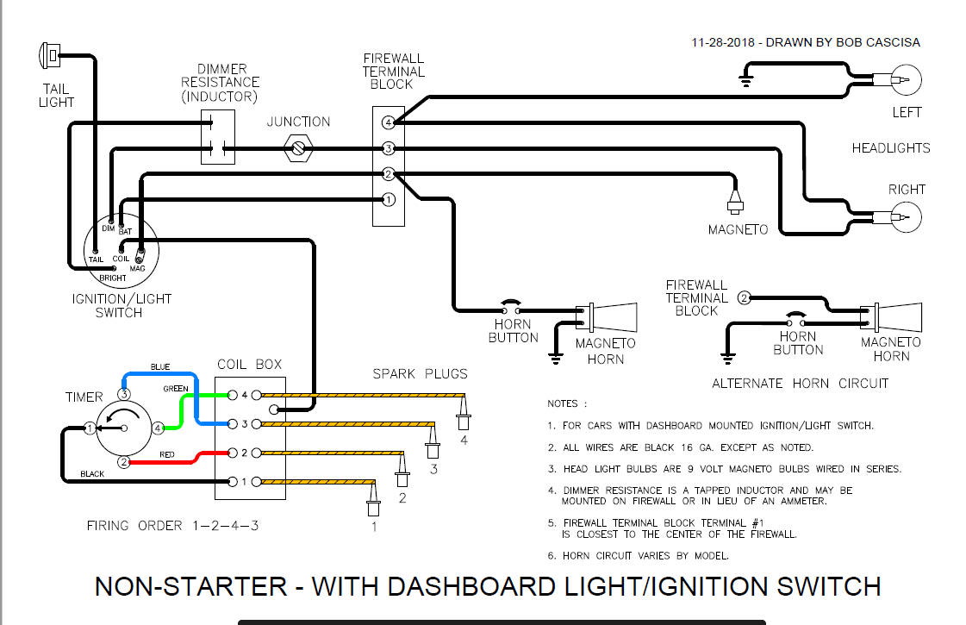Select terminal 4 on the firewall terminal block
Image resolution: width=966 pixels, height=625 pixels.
pyautogui.click(x=389, y=122)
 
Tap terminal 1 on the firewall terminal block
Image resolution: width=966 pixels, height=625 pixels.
pyautogui.click(x=389, y=200)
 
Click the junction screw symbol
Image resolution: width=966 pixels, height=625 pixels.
pyautogui.click(x=298, y=149)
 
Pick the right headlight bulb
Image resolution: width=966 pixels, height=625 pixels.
pyautogui.click(x=901, y=218)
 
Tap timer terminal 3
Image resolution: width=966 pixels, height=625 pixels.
pyautogui.click(x=124, y=395)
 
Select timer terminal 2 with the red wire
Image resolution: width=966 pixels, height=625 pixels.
pyautogui.click(x=124, y=462)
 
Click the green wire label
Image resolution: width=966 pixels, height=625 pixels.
pyautogui.click(x=175, y=389)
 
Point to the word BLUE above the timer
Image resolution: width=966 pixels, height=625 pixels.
pyautogui.click(x=160, y=366)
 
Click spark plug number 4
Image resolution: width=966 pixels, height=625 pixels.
pyautogui.click(x=464, y=414)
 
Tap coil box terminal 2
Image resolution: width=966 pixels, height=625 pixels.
pyautogui.click(x=233, y=453)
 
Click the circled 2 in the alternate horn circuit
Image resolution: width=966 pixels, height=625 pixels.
pyautogui.click(x=744, y=298)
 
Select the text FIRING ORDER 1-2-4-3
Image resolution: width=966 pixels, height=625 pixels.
pyautogui.click(x=172, y=525)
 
